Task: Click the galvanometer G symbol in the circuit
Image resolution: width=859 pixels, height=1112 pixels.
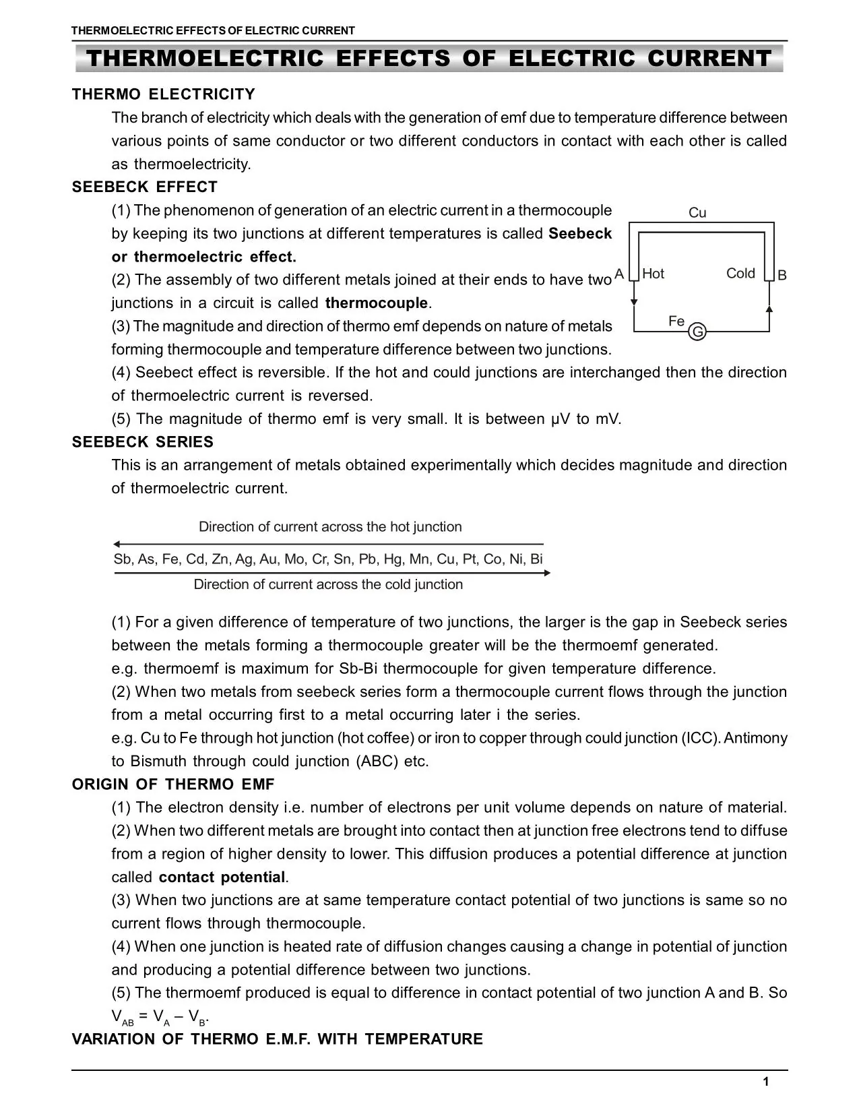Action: [x=698, y=332]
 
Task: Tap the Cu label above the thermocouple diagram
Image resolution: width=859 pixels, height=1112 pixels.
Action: [x=697, y=213]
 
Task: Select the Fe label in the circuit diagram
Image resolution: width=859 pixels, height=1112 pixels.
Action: [x=676, y=321]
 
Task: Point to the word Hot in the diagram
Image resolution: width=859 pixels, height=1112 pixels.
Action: [x=653, y=274]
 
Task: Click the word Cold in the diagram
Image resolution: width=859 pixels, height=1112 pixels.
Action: [x=740, y=274]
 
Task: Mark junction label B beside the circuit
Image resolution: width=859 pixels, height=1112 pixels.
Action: [x=782, y=275]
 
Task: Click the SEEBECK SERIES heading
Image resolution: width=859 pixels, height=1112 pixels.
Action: [x=143, y=442]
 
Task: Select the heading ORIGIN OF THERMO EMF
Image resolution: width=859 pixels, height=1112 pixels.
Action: [x=173, y=784]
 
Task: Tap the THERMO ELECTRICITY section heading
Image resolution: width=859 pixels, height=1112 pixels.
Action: [x=164, y=94]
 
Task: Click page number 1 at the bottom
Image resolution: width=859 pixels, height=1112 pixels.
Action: [x=765, y=1082]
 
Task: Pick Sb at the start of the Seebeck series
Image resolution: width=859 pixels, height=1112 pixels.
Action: [x=122, y=559]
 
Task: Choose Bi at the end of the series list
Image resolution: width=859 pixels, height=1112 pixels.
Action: [x=536, y=559]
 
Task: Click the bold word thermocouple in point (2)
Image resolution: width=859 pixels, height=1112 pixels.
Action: [x=376, y=303]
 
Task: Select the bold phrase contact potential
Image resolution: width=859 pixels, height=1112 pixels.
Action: [x=222, y=877]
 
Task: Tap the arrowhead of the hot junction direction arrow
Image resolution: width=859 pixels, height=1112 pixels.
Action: [x=117, y=544]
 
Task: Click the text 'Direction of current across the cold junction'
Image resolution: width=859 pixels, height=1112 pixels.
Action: [x=328, y=584]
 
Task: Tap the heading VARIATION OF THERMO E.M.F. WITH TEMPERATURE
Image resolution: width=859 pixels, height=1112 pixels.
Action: [x=278, y=1039]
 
